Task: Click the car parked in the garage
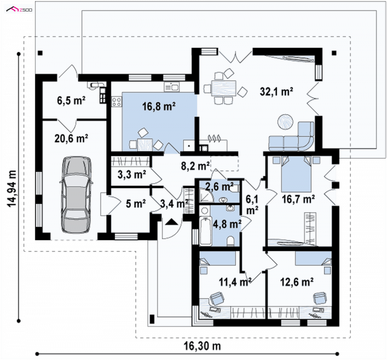pyautogui.click(x=76, y=195)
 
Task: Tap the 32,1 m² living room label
pyautogui.click(x=277, y=91)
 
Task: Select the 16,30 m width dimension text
pyautogui.click(x=202, y=346)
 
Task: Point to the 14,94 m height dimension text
pyautogui.click(x=13, y=189)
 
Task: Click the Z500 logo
pyautogui.click(x=19, y=10)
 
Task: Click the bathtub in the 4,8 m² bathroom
pyautogui.click(x=206, y=231)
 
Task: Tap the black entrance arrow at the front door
pyautogui.click(x=172, y=222)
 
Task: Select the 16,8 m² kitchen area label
pyautogui.click(x=159, y=106)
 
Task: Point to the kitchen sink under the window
pyautogui.click(x=172, y=87)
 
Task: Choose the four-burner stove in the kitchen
pyautogui.click(x=117, y=102)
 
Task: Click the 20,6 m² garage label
pyautogui.click(x=71, y=138)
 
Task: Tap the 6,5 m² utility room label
pyautogui.click(x=71, y=101)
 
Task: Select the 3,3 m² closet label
pyautogui.click(x=132, y=174)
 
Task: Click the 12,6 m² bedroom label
pyautogui.click(x=297, y=282)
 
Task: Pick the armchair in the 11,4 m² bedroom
pyautogui.click(x=217, y=299)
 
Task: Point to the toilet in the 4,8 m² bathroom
pyautogui.click(x=231, y=241)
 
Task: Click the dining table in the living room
pyautogui.click(x=223, y=88)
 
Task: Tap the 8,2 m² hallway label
pyautogui.click(x=195, y=166)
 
